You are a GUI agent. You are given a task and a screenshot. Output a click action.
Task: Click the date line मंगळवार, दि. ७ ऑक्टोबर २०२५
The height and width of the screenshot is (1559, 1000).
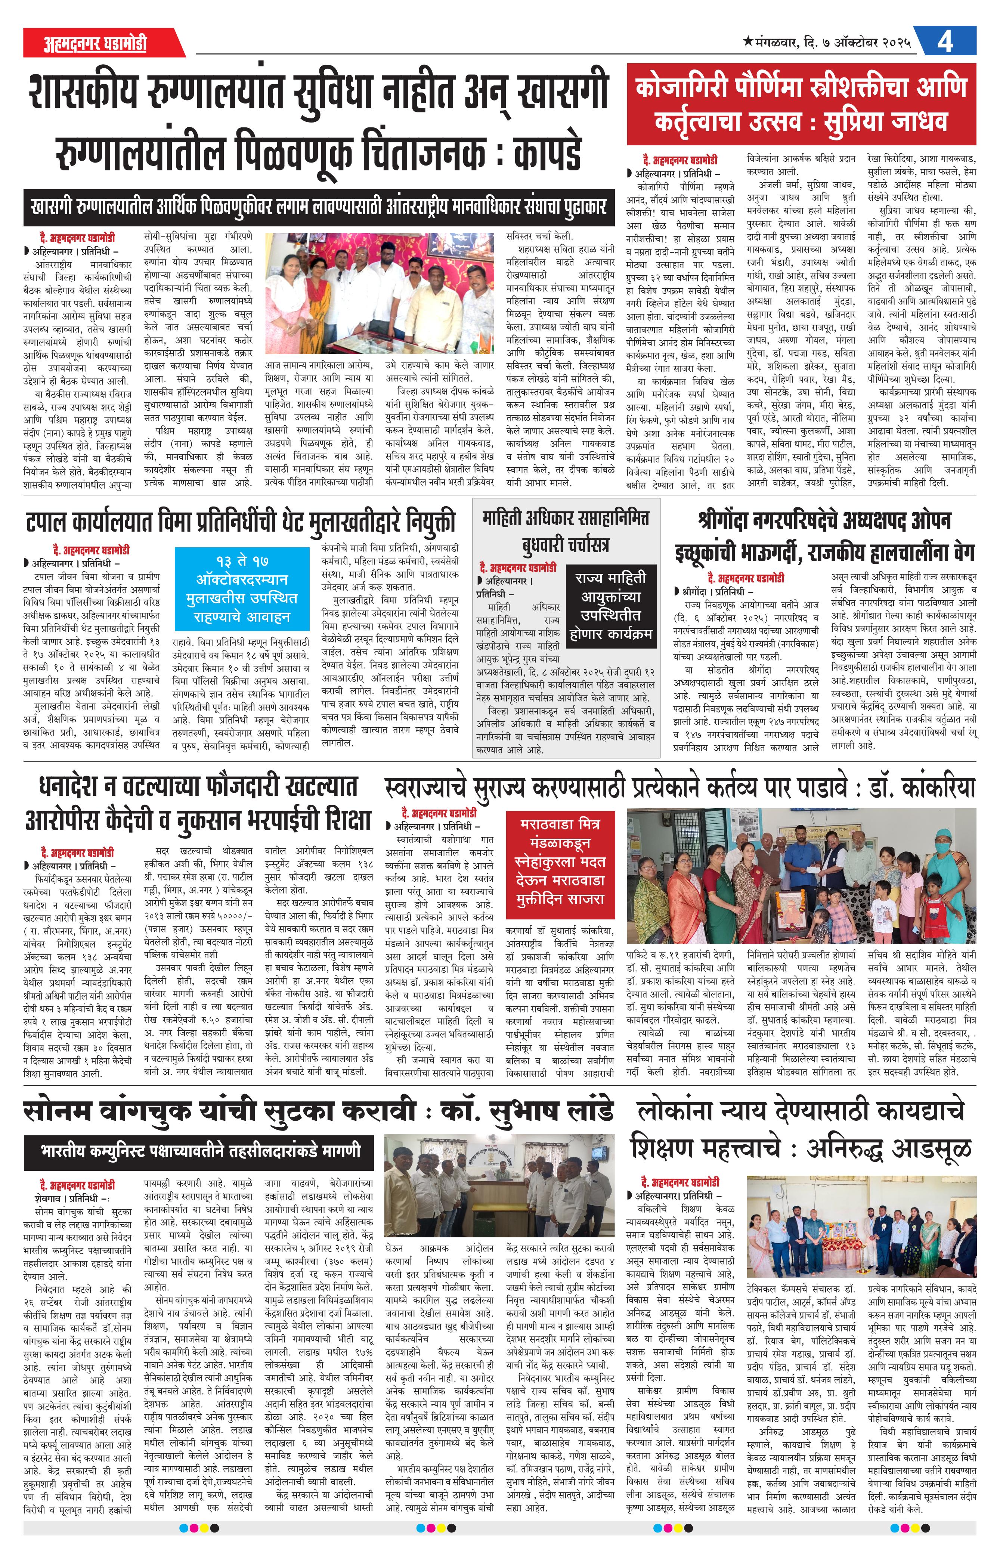(827, 43)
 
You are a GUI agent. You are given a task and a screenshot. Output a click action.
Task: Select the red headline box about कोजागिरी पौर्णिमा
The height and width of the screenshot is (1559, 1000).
(801, 104)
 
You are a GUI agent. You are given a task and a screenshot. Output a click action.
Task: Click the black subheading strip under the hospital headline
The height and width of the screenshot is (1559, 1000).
(318, 208)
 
